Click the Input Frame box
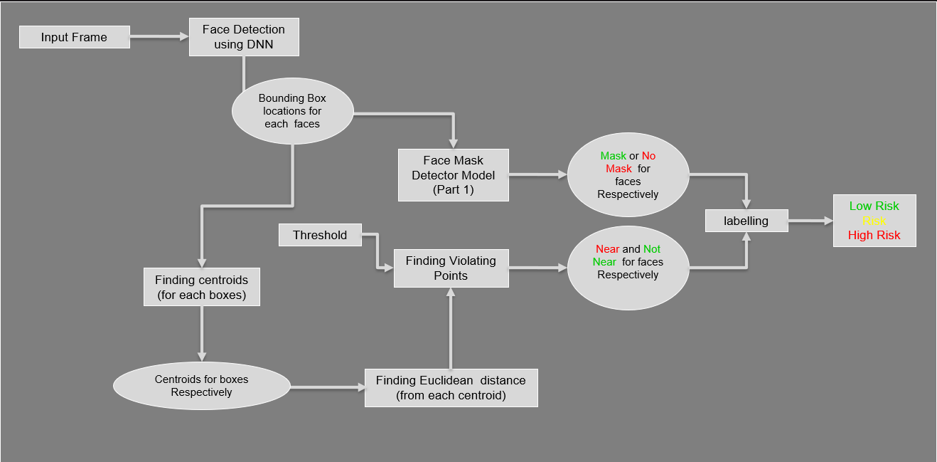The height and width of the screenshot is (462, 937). tap(74, 37)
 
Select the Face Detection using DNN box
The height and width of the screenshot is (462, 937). tap(244, 37)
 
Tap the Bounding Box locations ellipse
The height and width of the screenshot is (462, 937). tap(292, 111)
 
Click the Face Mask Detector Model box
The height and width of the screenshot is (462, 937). tap(454, 175)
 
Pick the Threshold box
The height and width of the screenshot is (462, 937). tap(320, 235)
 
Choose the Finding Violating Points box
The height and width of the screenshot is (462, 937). tap(451, 268)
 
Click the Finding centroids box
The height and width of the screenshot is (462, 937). tap(202, 287)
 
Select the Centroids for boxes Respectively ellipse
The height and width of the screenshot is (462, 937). tap(201, 386)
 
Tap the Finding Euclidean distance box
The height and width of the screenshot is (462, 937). tap(451, 387)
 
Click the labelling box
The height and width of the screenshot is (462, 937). tap(746, 221)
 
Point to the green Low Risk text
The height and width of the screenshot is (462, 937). tap(874, 206)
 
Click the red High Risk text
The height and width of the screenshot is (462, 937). tap(874, 236)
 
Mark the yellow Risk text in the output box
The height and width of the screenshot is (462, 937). tap(874, 221)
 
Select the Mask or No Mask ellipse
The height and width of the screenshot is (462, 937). tap(628, 175)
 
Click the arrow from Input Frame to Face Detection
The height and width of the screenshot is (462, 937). tap(159, 37)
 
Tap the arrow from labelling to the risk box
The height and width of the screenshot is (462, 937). tap(810, 221)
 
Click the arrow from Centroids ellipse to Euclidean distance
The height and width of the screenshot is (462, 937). tap(327, 387)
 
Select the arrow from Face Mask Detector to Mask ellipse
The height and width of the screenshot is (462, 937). tap(537, 174)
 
